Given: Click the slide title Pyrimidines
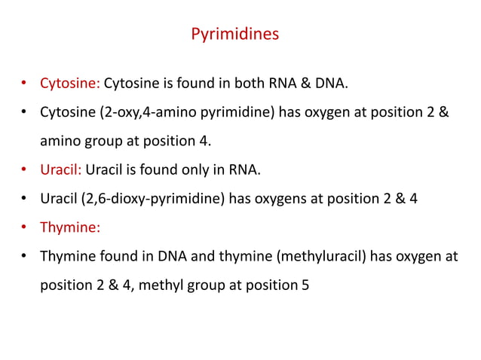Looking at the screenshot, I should tap(234, 35).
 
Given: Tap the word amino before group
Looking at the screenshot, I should tap(60, 141).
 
